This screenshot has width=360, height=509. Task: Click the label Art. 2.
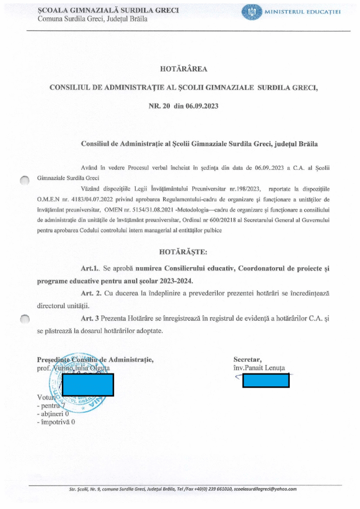91,292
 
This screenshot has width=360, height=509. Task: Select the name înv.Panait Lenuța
259,368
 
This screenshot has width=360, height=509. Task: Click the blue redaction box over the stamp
88,384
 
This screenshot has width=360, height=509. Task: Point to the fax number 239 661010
217,489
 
